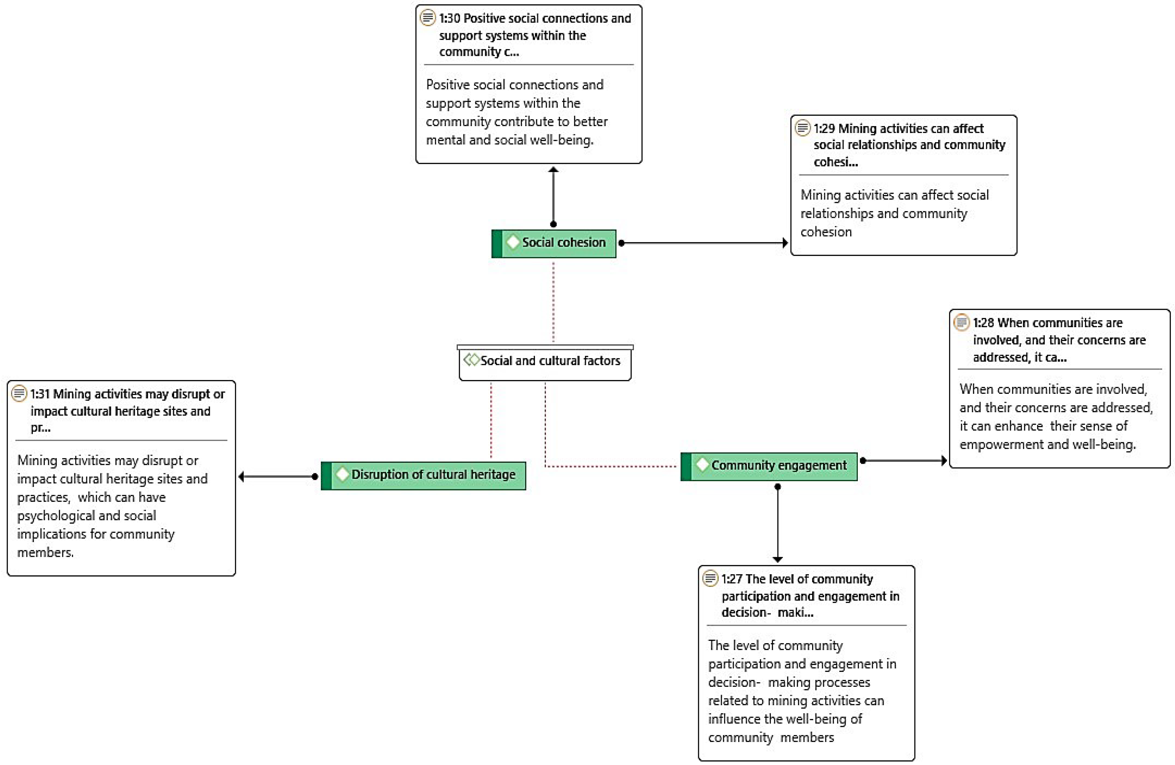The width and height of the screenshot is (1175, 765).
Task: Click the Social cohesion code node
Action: [x=554, y=243]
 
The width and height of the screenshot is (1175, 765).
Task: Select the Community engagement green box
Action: [x=769, y=466]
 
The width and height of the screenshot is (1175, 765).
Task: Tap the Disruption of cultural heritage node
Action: [x=424, y=475]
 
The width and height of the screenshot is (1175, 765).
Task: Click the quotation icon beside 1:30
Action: [x=428, y=18]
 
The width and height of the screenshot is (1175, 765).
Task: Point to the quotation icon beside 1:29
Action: [x=803, y=128]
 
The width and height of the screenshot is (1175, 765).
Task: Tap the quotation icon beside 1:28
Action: [x=961, y=323]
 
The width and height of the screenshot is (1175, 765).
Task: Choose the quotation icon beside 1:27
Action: [x=710, y=578]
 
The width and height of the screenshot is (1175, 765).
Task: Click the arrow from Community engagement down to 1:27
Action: [x=778, y=524]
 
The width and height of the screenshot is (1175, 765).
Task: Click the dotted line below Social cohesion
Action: [x=553, y=301]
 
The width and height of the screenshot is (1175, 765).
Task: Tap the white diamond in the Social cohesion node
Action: [x=513, y=242]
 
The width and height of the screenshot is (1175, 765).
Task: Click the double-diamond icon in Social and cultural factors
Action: [x=472, y=360]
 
